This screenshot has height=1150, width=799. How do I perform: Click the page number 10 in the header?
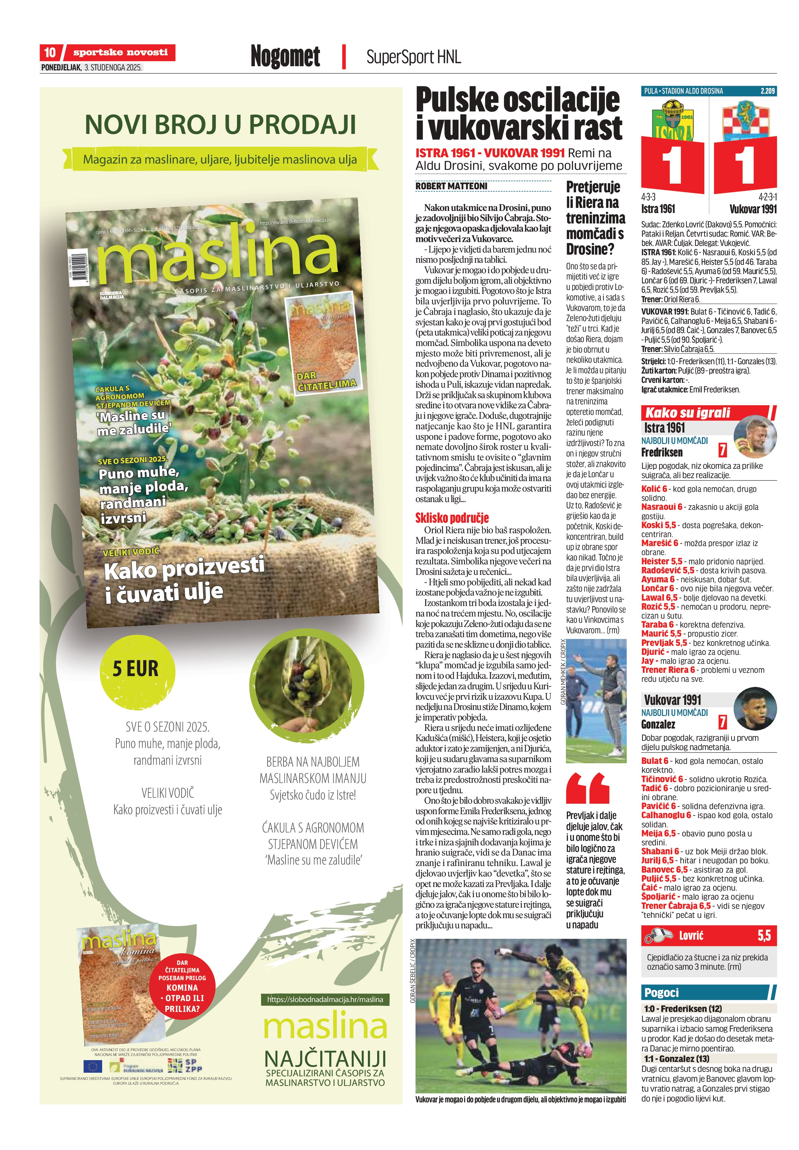[49, 52]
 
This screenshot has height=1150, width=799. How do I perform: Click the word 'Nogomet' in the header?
[285, 56]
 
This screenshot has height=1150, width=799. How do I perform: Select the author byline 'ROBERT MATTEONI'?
[451, 186]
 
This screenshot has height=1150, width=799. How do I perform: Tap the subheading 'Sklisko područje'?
[451, 517]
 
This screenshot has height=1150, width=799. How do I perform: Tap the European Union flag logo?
[93, 1066]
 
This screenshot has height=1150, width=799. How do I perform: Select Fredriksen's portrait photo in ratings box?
[754, 437]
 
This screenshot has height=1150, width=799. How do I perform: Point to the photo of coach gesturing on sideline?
[596, 701]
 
